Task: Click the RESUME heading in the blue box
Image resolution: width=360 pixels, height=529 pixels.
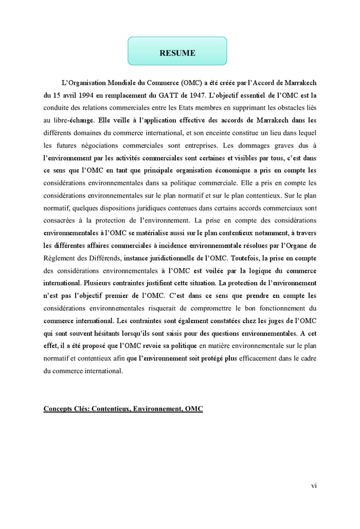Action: pos(177,53)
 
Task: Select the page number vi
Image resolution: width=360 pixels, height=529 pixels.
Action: pos(313,485)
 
